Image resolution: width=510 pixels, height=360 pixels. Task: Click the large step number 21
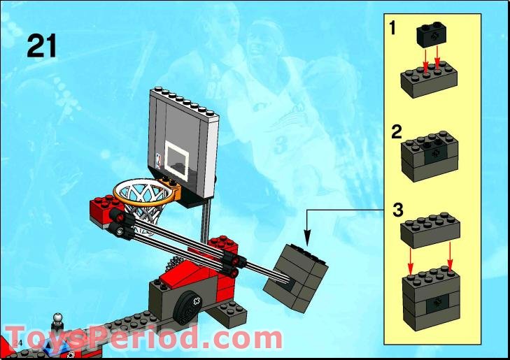(42, 45)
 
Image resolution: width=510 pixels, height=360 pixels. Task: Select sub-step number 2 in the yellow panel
(396, 131)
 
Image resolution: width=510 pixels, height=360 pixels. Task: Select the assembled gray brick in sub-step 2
(430, 155)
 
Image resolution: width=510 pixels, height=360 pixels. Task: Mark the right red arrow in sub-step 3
(448, 259)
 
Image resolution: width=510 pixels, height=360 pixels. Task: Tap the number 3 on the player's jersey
(281, 145)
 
